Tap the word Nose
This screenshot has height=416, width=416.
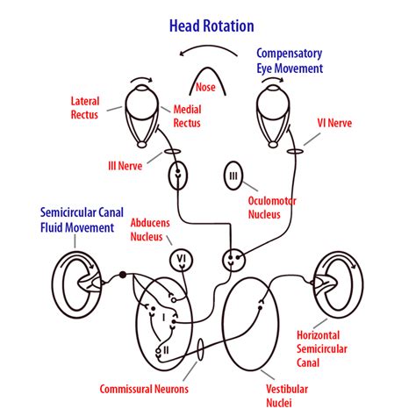coord(207,86)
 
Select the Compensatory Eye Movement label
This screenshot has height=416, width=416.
coord(290,61)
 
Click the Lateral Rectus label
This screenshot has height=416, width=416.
coord(90,108)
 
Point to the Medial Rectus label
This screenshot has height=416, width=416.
coord(187,116)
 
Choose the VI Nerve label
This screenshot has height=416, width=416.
coord(336,124)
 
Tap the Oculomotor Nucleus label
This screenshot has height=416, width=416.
coord(271,207)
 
